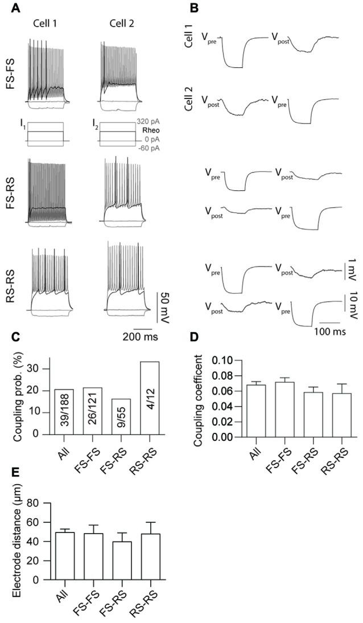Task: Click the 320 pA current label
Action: pos(146,121)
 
